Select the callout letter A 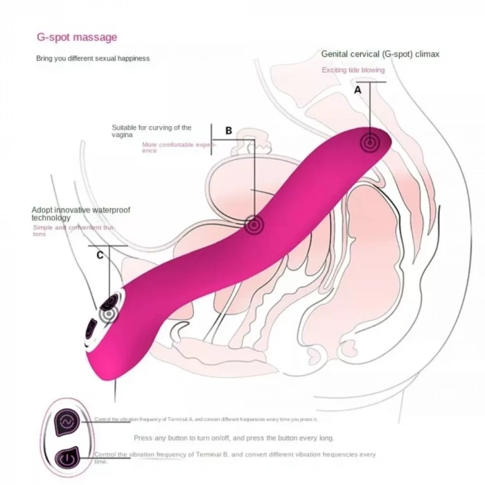[x=358, y=90]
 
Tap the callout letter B [x=228, y=130]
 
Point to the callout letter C [x=100, y=255]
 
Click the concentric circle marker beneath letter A [x=369, y=142]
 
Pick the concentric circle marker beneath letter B [x=254, y=223]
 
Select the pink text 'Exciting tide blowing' [x=353, y=70]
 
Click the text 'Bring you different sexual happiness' [x=92, y=59]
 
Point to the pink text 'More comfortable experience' [x=173, y=148]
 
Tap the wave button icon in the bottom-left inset [x=67, y=421]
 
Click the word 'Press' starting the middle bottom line [x=143, y=438]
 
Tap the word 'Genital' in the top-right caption [x=334, y=53]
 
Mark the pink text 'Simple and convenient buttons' [x=74, y=230]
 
